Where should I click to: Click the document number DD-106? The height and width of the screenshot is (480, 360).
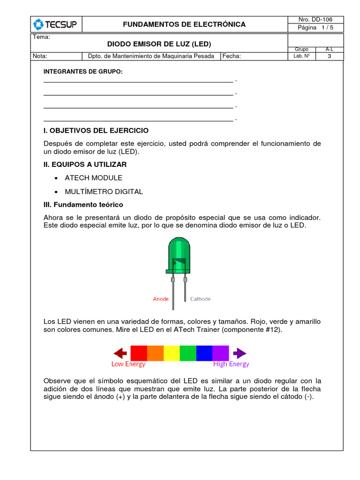click(315, 20)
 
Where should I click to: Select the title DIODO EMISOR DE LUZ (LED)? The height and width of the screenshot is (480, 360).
click(159, 45)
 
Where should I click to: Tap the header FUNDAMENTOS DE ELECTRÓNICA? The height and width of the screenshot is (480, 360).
click(184, 24)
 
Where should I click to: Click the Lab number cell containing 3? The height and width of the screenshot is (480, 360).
click(329, 56)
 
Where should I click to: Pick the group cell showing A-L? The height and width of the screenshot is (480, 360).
click(329, 49)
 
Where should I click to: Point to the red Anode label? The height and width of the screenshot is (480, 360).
click(161, 299)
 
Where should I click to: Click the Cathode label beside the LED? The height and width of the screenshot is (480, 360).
click(200, 299)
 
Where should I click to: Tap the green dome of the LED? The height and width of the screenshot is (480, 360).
click(179, 251)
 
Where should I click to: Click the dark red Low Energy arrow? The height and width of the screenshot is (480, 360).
click(121, 353)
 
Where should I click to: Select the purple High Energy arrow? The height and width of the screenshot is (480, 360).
click(239, 353)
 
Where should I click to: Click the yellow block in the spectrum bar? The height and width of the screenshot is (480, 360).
click(172, 353)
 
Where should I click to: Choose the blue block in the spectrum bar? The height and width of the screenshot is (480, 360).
click(204, 353)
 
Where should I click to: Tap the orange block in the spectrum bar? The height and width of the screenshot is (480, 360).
click(155, 353)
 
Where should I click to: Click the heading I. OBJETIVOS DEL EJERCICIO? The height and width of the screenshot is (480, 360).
click(96, 130)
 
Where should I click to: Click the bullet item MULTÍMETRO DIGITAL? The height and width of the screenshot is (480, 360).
click(104, 192)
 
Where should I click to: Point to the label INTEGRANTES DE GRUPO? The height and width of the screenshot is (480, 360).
click(83, 72)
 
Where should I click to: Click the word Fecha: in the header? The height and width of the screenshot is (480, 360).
click(232, 56)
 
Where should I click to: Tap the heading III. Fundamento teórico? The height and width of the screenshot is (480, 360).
click(83, 205)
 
